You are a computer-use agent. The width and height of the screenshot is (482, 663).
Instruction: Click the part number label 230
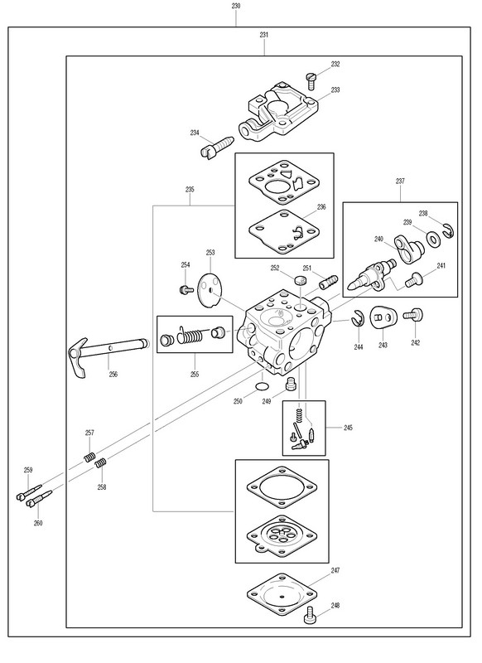pos(236,6)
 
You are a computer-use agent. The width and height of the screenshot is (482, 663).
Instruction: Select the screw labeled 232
pos(311,81)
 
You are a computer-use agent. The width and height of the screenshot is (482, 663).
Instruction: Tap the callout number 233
pos(335,90)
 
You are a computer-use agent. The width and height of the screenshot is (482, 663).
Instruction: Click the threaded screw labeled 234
pos(216,147)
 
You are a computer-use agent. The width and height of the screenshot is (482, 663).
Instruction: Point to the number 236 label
pos(321,206)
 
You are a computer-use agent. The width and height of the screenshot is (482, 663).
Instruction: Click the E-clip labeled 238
pos(448,231)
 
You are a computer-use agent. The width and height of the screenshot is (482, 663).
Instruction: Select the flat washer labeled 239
pos(432,240)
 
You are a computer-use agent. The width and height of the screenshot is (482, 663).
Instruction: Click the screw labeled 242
pos(413,315)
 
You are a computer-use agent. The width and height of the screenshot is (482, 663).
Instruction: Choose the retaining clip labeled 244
pos(358,318)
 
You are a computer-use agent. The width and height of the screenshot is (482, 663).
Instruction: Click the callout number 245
pos(348,428)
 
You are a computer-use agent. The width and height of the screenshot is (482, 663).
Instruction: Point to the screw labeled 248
pos(310,615)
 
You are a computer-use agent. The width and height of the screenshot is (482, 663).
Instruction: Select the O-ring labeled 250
pos(263,386)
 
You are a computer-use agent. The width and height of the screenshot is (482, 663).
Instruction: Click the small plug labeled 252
pos(300,280)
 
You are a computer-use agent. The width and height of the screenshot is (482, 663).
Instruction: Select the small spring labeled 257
pos(89,457)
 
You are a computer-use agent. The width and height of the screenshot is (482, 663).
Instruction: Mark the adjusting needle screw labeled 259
pos(29,492)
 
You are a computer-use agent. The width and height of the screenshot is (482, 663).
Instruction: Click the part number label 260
pos(38,523)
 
